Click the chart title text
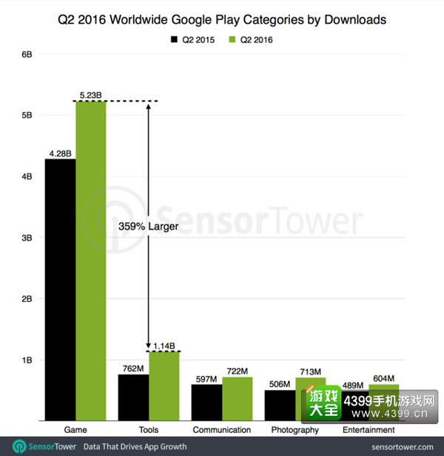222,20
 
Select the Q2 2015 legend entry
192,39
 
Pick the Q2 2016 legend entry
251,39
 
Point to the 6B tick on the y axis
27,54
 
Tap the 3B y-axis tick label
27,238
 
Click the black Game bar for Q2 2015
61,290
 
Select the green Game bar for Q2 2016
91,261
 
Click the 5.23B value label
91,95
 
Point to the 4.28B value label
61,153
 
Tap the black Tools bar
133,397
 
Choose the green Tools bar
164,386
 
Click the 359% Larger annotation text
148,226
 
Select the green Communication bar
238,399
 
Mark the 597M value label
206,379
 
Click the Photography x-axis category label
295,430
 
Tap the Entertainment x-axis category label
369,429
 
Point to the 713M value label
311,371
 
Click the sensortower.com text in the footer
403,447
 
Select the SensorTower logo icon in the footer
19,446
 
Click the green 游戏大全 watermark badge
323,403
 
